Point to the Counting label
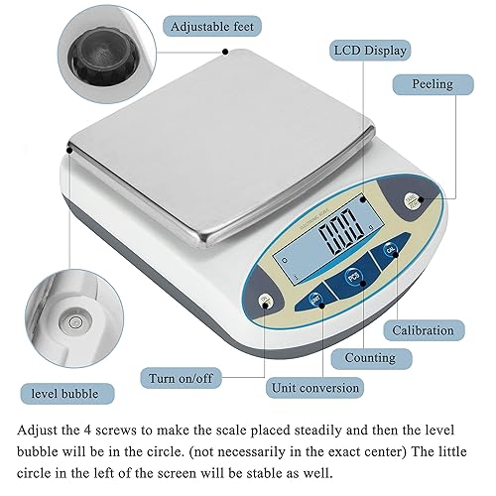tap(369, 357)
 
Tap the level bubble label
tap(63, 394)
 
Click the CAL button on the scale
tap(389, 252)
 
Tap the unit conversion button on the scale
tap(315, 297)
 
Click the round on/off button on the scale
tap(265, 303)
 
